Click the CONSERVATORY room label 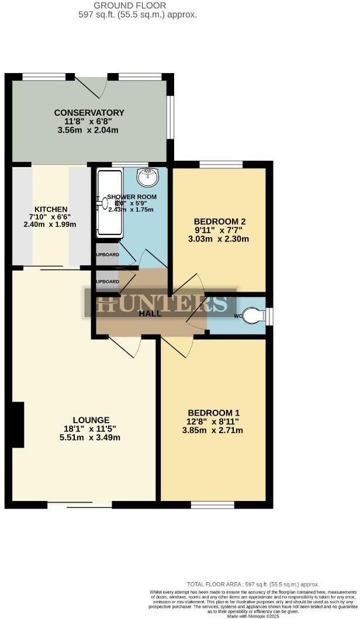89,113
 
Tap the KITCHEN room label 51,209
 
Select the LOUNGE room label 91,420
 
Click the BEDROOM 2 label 219,222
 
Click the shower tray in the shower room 109,204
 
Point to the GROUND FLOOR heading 137,5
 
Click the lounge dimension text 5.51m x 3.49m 91,438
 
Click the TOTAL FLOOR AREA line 253,584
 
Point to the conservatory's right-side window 170,117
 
